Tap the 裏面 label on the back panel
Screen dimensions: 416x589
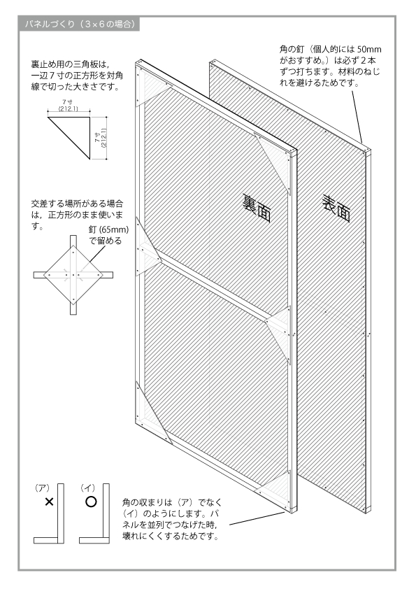[x=257, y=208]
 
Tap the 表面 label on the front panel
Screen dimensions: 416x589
[x=336, y=208]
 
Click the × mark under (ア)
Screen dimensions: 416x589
[x=49, y=502]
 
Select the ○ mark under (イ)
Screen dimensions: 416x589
[x=91, y=502]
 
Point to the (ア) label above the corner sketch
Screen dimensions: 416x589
[x=42, y=488]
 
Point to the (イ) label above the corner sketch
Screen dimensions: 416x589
[x=87, y=488]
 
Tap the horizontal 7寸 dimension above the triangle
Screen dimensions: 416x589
[x=68, y=105]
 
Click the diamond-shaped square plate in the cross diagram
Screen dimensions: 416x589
[x=73, y=275]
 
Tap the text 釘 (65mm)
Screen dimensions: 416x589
[x=108, y=229]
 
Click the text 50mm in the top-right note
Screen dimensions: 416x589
[x=369, y=49]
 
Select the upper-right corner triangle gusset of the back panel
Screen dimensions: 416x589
[x=274, y=159]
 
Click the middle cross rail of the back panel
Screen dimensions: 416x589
[x=214, y=286]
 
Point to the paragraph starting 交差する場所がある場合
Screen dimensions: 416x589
[x=77, y=215]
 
